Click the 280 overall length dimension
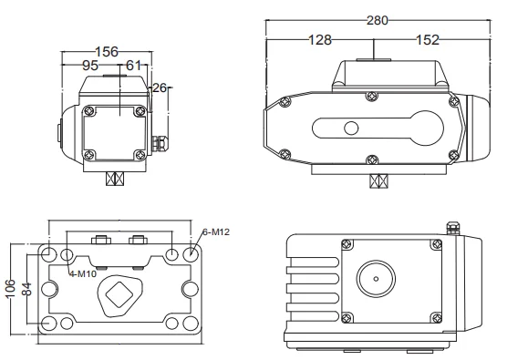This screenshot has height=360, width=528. [378, 21]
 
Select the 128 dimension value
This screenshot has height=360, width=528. [320, 40]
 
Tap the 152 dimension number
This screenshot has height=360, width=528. [428, 40]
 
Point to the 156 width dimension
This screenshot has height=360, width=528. [107, 52]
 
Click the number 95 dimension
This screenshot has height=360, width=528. [90, 66]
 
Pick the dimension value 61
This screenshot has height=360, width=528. [133, 66]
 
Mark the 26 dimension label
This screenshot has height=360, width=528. [160, 87]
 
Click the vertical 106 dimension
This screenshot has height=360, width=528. [10, 288]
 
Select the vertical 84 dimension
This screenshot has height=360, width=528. [26, 289]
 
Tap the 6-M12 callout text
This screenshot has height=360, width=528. [216, 231]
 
